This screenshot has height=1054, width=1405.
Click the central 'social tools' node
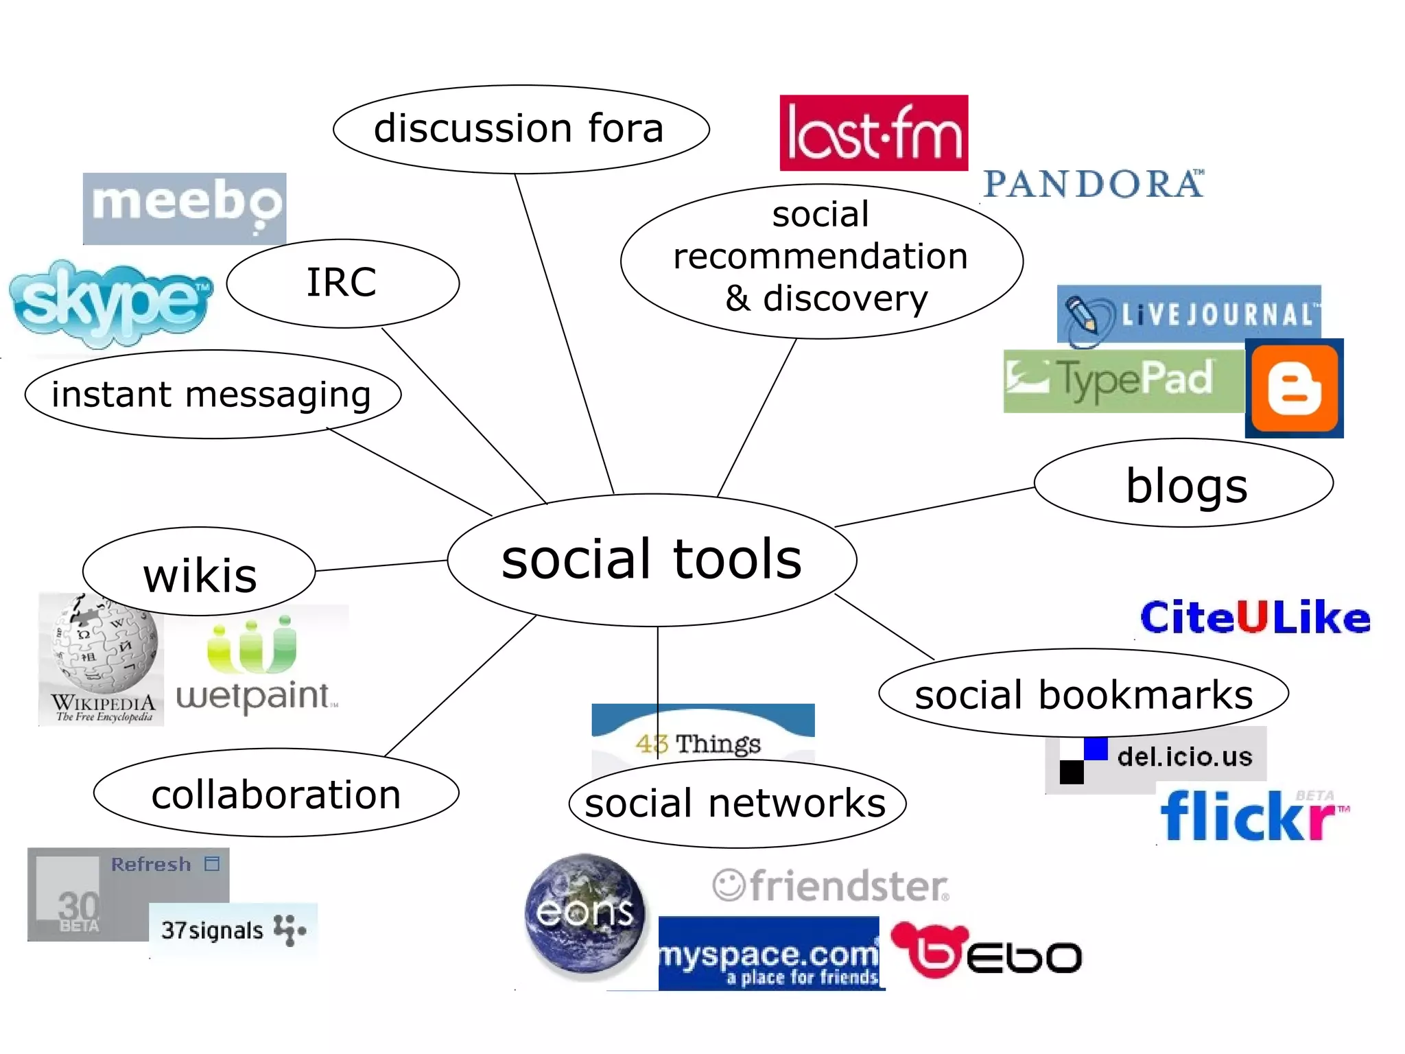click(x=652, y=559)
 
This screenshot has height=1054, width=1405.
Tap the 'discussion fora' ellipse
click(x=521, y=129)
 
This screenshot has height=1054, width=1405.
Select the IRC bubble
click(x=342, y=283)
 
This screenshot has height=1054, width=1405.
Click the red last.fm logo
click(x=873, y=133)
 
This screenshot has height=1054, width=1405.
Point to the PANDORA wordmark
click(x=1094, y=184)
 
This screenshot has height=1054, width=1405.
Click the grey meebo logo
click(x=184, y=208)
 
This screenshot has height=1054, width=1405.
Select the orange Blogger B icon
click(x=1294, y=388)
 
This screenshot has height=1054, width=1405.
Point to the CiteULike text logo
click(x=1255, y=617)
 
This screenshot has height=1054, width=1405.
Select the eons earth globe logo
click(x=585, y=913)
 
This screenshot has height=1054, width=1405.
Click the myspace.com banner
click(x=768, y=954)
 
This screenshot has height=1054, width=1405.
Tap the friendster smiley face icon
click(x=728, y=885)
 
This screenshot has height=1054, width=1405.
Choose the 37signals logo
click(x=233, y=929)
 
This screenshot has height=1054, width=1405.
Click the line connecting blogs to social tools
click(x=934, y=507)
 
